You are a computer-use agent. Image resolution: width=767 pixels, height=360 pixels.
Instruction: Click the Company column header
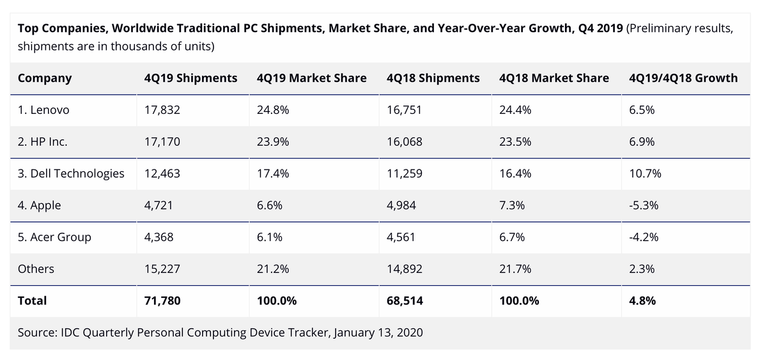45,78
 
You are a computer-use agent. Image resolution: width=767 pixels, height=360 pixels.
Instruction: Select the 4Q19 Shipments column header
191,78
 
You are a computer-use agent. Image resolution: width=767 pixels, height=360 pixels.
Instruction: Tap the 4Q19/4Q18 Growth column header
683,78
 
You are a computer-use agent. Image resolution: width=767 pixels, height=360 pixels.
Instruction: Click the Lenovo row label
43,110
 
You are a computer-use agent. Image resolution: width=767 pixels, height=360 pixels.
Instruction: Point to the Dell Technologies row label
71,173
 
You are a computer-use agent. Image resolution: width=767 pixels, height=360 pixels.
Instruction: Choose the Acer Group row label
54,237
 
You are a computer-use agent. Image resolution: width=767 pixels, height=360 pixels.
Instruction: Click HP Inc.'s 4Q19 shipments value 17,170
162,142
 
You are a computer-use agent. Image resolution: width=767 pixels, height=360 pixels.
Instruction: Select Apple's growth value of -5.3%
644,205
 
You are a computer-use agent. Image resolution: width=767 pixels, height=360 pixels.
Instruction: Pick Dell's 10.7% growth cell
645,173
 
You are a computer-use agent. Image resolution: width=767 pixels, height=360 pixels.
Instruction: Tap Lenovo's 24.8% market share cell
273,110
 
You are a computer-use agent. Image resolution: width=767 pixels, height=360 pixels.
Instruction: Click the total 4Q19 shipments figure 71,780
162,301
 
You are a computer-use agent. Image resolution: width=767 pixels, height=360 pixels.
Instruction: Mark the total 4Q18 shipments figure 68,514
405,301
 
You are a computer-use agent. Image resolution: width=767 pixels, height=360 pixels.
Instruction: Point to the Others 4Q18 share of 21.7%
515,269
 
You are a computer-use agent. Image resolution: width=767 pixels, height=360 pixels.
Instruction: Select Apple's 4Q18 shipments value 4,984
401,205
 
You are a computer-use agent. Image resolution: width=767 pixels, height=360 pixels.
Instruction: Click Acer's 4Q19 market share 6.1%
270,237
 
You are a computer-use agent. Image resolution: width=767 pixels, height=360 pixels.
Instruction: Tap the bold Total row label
32,301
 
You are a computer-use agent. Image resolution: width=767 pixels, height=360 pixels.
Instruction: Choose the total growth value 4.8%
642,301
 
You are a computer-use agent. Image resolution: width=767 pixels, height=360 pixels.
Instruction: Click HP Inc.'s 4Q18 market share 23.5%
515,142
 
